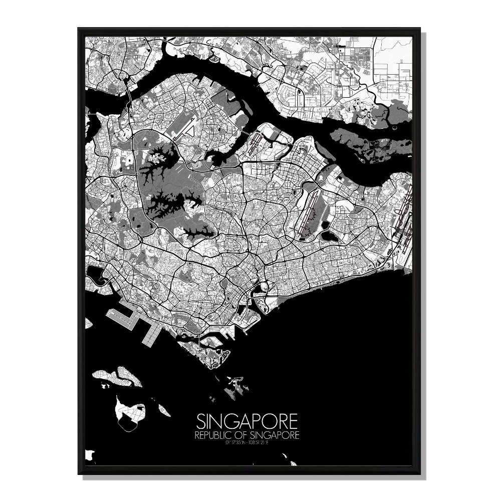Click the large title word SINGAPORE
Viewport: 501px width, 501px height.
coord(247,419)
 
